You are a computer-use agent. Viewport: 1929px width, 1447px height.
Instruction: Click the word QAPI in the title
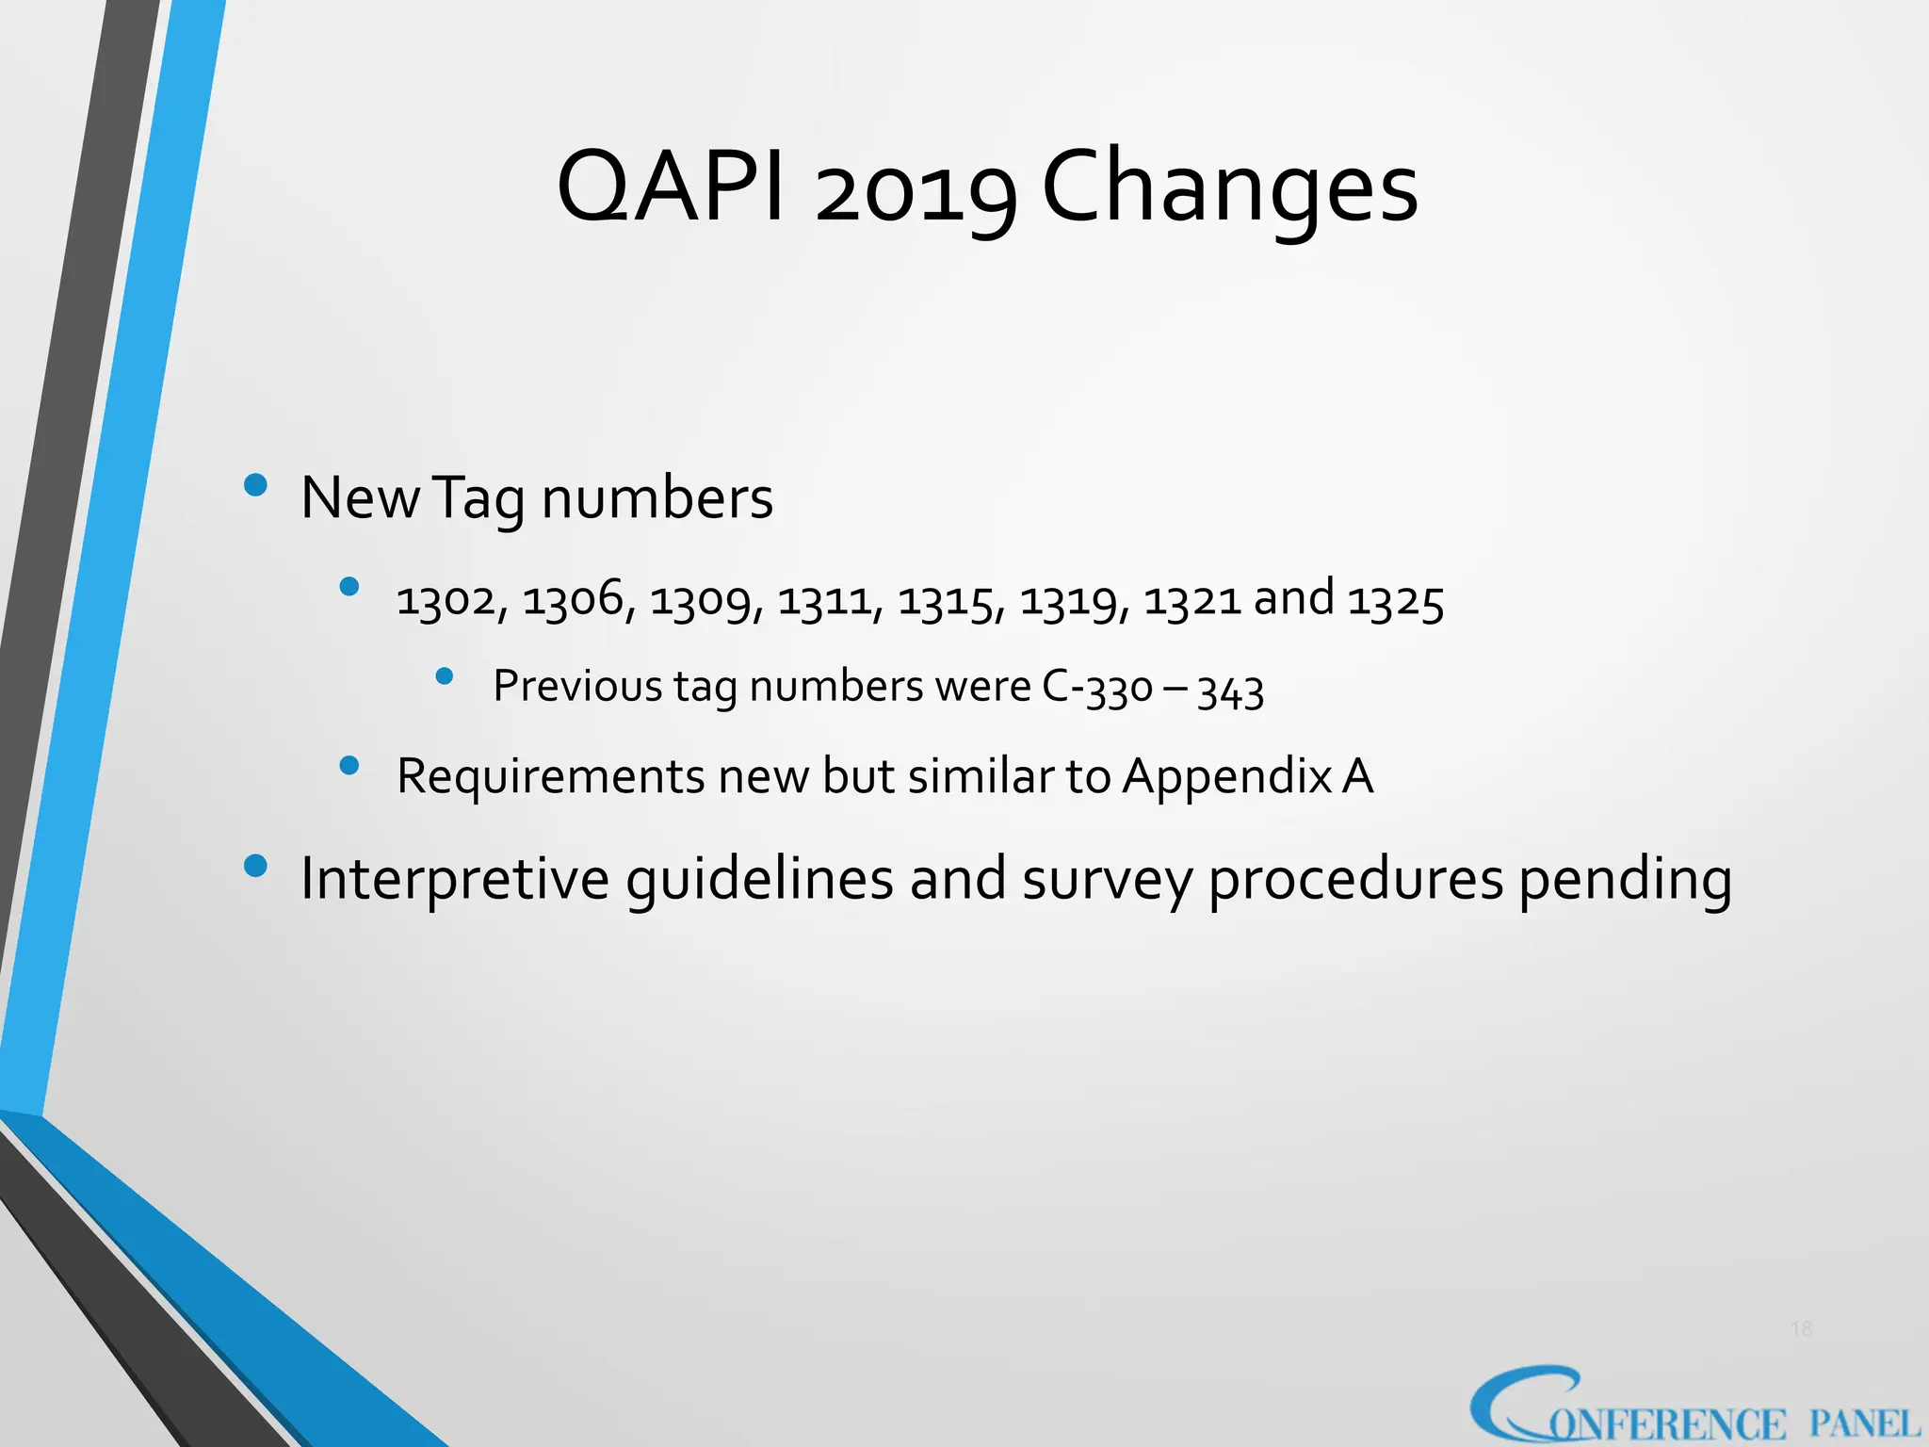pos(671,188)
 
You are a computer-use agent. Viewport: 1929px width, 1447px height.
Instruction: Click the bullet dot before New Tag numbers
pos(255,486)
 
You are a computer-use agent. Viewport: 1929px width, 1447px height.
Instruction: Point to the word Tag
pos(478,499)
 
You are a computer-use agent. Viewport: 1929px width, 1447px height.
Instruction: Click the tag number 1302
pos(450,601)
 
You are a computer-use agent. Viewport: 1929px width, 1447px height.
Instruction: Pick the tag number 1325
pos(1395,601)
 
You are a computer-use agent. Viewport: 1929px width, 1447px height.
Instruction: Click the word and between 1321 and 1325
pos(1293,597)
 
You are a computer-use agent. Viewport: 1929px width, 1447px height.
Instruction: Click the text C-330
pos(1097,688)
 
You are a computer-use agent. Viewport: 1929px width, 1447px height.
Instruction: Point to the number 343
pos(1230,691)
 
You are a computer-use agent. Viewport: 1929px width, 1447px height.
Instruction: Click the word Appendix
pos(1227,778)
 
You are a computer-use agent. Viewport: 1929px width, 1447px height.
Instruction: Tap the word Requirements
pos(550,778)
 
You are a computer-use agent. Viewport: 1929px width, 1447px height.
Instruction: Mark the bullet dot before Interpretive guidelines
pos(255,866)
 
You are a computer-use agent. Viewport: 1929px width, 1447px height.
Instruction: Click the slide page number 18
pos(1801,1329)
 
